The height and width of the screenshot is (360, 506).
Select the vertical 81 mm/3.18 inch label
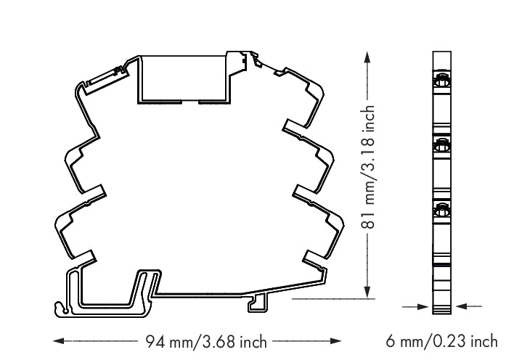[370, 166]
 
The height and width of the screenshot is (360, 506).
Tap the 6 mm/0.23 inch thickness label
[442, 340]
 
